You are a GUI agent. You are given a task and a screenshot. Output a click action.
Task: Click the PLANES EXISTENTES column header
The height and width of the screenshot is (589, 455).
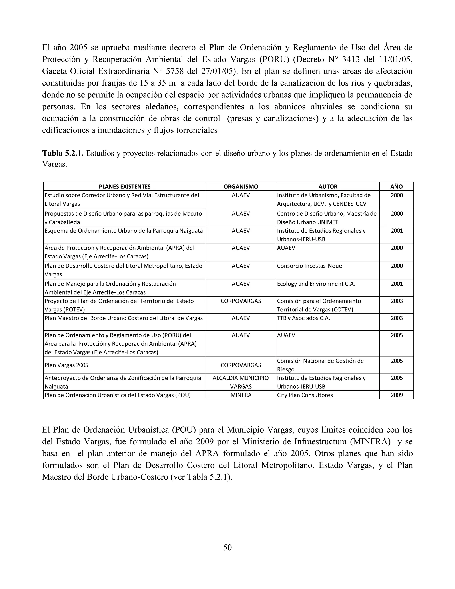(125, 187)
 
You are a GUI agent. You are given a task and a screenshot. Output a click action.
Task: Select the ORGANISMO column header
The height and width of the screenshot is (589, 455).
(241, 187)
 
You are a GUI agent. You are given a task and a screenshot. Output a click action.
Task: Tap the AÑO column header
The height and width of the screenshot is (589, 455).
(397, 187)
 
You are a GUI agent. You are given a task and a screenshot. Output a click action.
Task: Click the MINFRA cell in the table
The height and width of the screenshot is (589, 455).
(241, 395)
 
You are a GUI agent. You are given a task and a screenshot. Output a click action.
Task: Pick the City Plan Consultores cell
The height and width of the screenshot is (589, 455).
(305, 395)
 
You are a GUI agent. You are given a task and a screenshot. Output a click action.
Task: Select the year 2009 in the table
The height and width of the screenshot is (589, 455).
(397, 395)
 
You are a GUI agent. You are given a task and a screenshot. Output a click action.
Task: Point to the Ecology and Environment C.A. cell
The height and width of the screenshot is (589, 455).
(316, 284)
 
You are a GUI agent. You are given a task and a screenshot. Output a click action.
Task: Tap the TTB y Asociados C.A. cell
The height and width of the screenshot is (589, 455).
(303, 318)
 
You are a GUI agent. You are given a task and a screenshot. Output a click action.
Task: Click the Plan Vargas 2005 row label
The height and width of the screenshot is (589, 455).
(66, 365)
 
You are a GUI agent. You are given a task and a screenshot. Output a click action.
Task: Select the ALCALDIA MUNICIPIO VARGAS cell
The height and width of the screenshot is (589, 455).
(241, 382)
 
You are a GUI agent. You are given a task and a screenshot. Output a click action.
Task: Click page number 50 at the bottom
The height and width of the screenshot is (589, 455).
(227, 547)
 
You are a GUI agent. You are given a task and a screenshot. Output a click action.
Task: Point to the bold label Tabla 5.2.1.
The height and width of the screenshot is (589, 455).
(63, 153)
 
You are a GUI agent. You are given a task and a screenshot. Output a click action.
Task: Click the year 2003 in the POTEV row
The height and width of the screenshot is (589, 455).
(397, 301)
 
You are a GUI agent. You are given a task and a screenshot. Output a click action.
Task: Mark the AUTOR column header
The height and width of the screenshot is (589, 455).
(328, 187)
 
